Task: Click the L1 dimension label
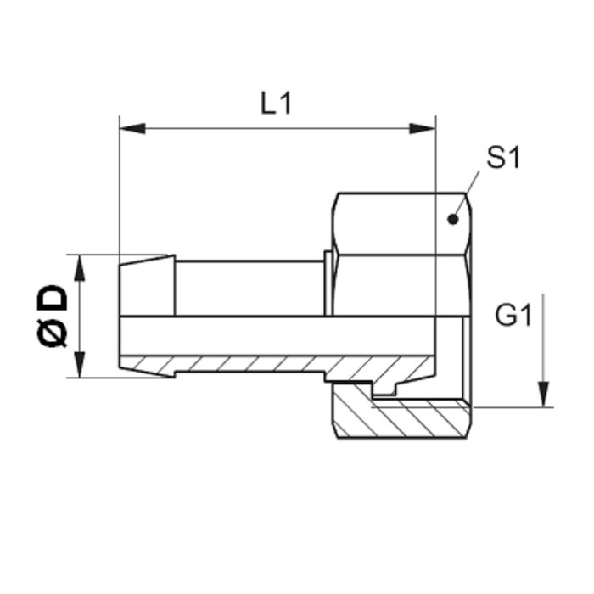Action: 276,104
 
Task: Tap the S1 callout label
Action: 503,157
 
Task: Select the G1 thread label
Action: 513,315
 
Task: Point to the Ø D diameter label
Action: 53,316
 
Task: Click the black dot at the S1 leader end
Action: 452,219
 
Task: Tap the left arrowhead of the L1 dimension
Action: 132,129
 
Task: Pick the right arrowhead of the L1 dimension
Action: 423,129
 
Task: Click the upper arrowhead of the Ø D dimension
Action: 80,268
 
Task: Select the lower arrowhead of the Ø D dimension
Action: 80,364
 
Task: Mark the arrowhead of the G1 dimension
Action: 544,395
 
